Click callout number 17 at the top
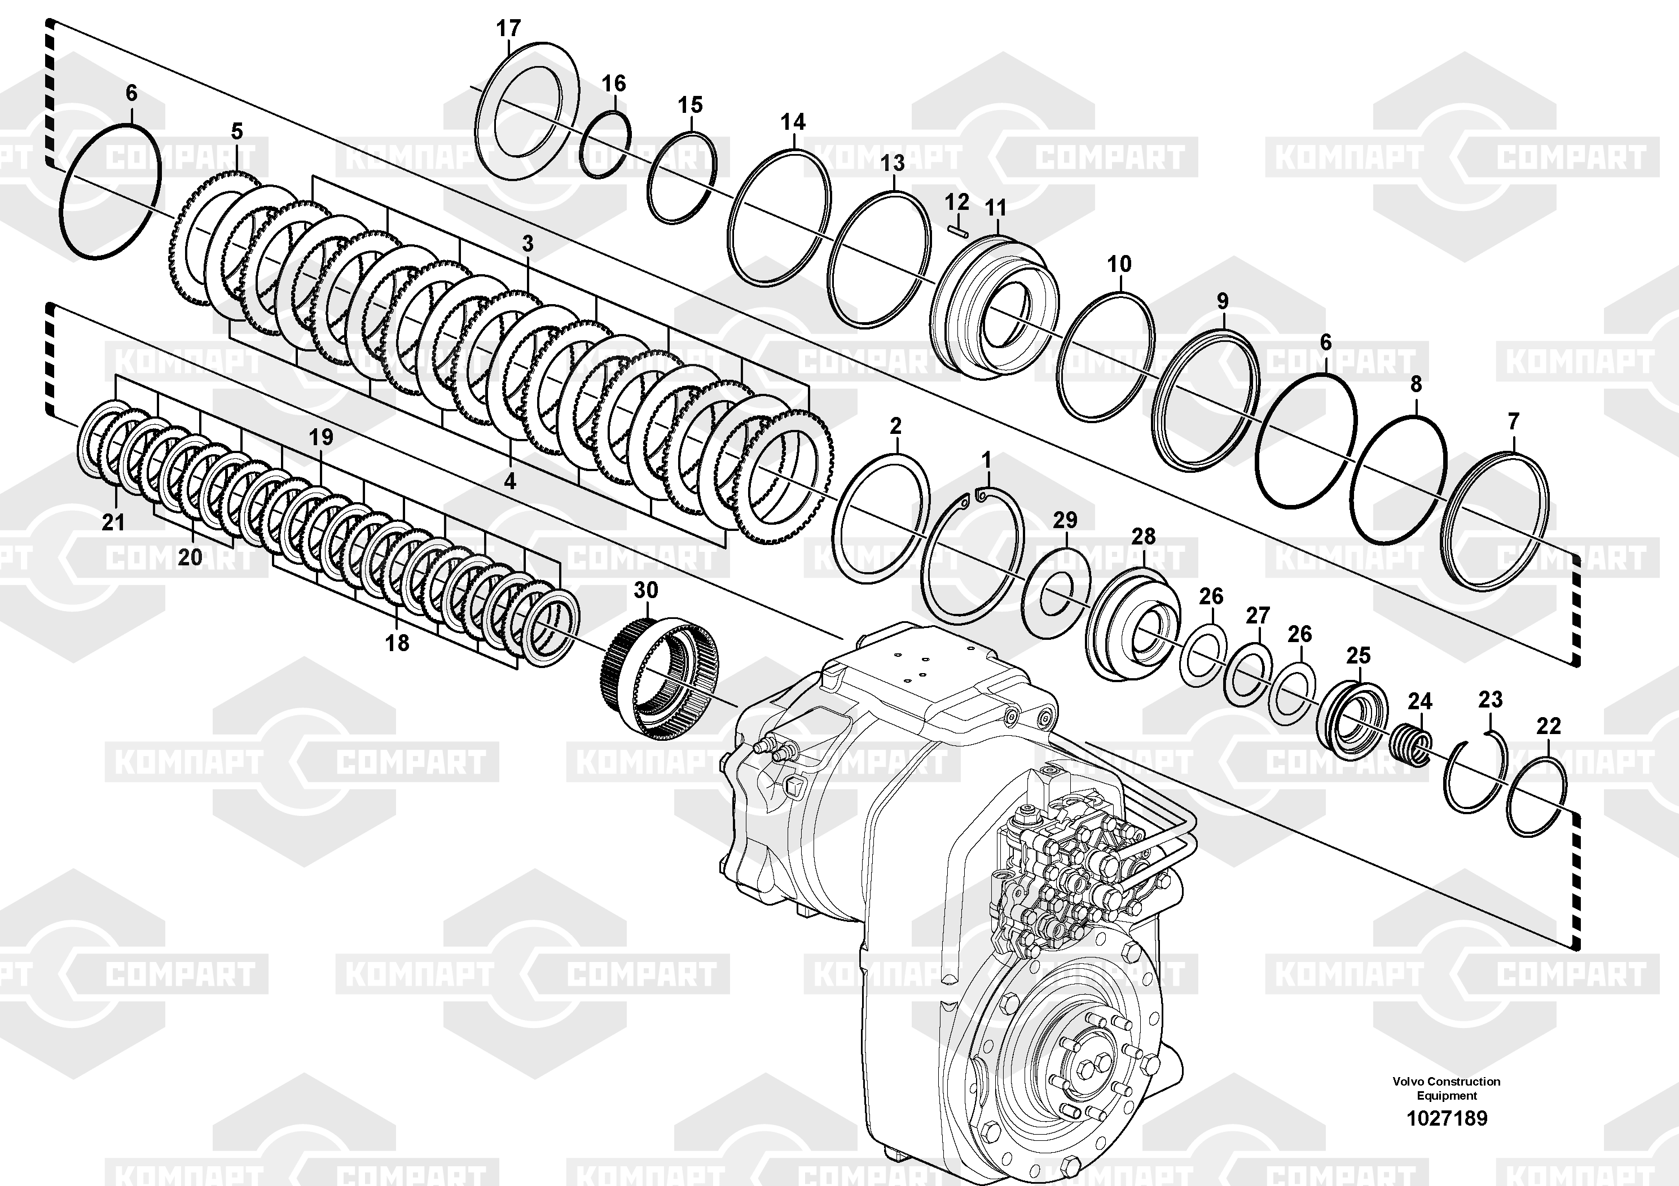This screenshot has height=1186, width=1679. tap(508, 29)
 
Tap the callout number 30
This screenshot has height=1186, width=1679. tap(646, 590)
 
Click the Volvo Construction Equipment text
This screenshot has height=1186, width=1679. tap(1447, 1087)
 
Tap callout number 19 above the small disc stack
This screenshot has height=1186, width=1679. tap(321, 437)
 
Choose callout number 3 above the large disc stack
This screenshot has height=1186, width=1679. tap(528, 244)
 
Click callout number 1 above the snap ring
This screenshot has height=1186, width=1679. tap(987, 460)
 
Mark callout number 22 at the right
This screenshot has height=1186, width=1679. tap(1549, 726)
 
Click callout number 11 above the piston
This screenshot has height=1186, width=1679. tap(996, 208)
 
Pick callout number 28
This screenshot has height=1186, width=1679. tap(1144, 536)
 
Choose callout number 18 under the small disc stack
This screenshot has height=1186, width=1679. tap(397, 643)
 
